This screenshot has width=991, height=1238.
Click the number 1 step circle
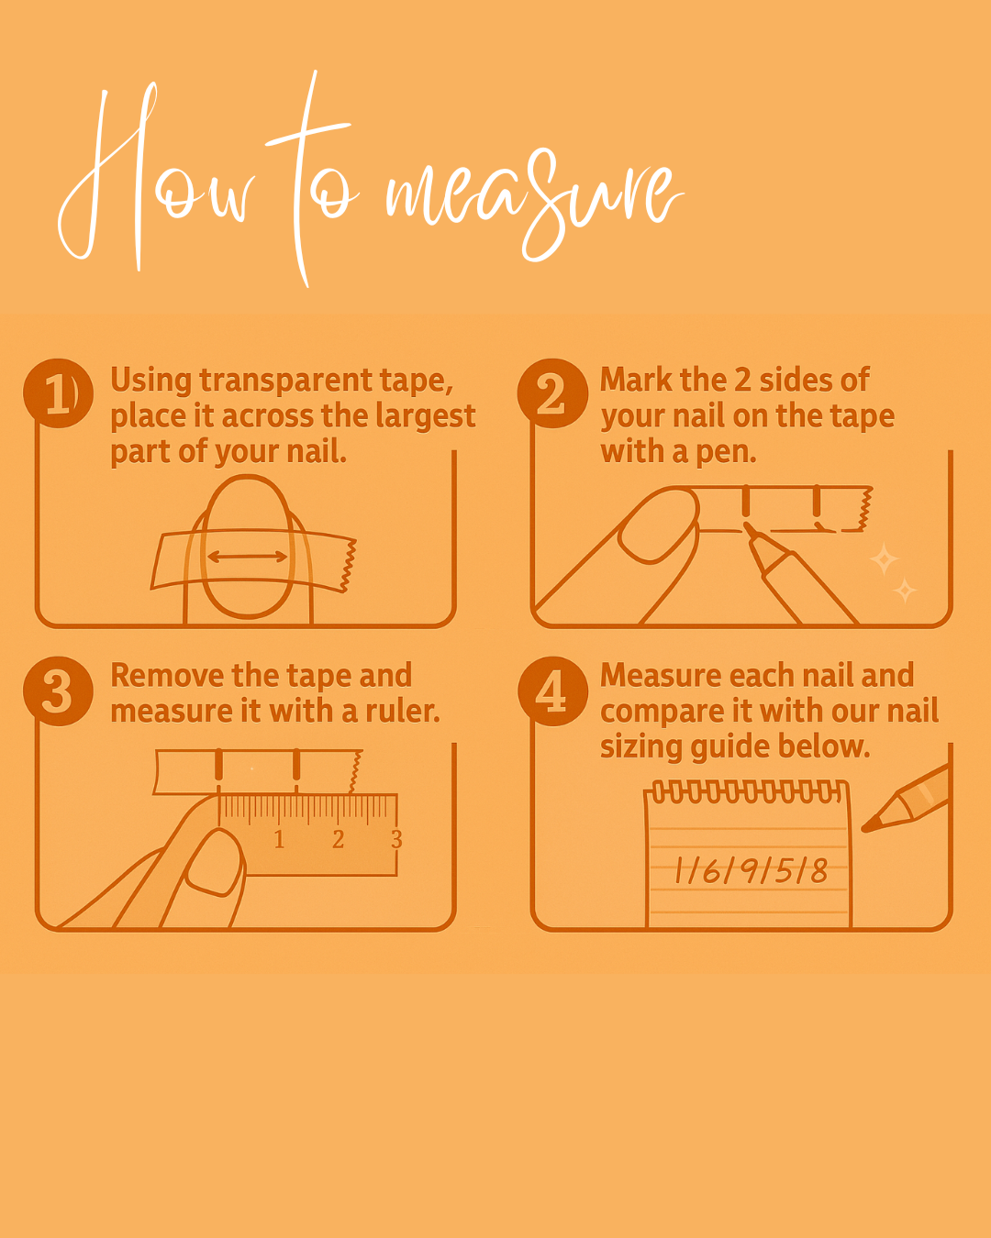coord(58,393)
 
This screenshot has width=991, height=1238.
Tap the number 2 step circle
coord(552,393)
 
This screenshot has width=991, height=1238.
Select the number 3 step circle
coord(58,691)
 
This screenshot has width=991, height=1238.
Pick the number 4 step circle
coord(552,691)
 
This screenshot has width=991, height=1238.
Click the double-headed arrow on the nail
coord(247,557)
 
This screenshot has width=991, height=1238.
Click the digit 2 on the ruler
coord(338,839)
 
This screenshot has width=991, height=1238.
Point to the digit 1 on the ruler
coord(279,839)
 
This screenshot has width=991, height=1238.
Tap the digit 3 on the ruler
coord(396,839)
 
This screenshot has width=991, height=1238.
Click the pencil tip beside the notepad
coord(863,829)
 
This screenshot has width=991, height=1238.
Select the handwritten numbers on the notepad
coord(751,871)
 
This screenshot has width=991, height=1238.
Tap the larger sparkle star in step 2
coord(884,558)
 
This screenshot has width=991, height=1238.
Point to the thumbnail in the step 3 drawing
coord(214,863)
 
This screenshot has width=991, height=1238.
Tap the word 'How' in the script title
coord(155,178)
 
